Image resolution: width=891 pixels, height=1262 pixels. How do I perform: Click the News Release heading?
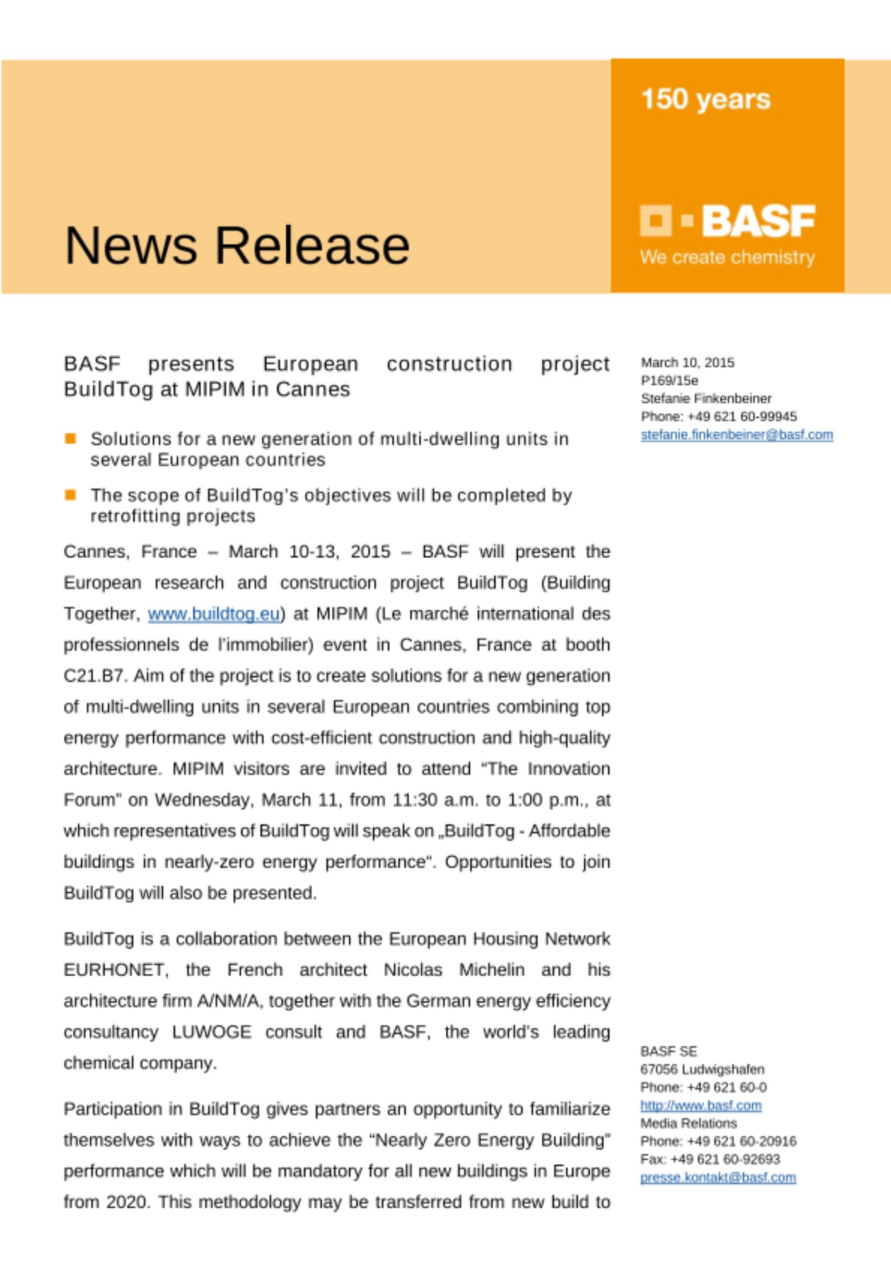click(237, 245)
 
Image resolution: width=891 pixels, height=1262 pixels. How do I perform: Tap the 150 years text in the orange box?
click(706, 99)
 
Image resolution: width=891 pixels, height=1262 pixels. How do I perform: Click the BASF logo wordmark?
click(759, 221)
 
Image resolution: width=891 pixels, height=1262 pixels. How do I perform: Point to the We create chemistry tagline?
click(727, 257)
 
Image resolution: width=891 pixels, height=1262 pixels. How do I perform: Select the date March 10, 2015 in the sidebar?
click(687, 363)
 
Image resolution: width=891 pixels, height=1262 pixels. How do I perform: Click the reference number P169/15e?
click(669, 380)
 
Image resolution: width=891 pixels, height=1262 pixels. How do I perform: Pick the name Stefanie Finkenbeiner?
click(706, 399)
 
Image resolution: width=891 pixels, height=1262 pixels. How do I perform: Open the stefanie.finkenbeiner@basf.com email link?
click(737, 435)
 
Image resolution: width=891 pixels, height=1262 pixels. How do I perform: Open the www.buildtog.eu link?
click(214, 614)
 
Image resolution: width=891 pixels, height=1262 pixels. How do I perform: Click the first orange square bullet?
click(71, 439)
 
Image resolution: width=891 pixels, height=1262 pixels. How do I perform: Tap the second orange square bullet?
click(71, 495)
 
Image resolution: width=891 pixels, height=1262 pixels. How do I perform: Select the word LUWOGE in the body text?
click(211, 1032)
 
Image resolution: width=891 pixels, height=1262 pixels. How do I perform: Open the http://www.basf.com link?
click(701, 1106)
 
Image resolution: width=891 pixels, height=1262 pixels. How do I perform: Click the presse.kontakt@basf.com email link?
click(718, 1177)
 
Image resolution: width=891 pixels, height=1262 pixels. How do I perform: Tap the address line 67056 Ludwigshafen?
click(702, 1070)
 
